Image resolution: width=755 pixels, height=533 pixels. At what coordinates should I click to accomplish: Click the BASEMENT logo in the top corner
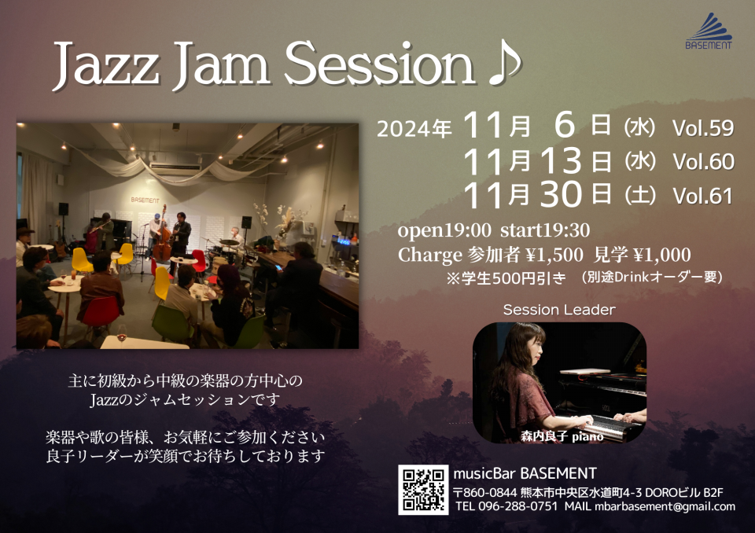[x=709, y=31]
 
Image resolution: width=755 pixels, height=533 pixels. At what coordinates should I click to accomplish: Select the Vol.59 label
[x=703, y=128]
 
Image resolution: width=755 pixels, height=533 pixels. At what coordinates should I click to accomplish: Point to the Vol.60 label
[x=703, y=162]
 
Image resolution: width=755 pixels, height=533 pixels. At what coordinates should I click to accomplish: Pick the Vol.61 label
[x=703, y=196]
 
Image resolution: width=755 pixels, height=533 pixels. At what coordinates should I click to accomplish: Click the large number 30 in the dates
[x=561, y=194]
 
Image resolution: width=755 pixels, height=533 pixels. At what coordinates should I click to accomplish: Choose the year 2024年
[x=414, y=129]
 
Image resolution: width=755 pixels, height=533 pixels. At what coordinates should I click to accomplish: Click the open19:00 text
[x=444, y=230]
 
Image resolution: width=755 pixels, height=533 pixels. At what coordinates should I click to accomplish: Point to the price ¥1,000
[x=662, y=255]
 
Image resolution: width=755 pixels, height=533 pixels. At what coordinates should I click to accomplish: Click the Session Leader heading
[x=559, y=310]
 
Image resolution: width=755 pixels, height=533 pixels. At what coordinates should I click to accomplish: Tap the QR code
[x=423, y=490]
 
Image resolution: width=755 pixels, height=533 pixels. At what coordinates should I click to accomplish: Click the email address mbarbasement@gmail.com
[x=665, y=506]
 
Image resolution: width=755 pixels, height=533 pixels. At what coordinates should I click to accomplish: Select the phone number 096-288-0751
[x=518, y=506]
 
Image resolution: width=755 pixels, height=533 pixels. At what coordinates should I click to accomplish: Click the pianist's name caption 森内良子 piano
[x=562, y=437]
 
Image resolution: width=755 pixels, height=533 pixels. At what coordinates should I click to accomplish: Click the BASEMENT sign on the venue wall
[x=145, y=200]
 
